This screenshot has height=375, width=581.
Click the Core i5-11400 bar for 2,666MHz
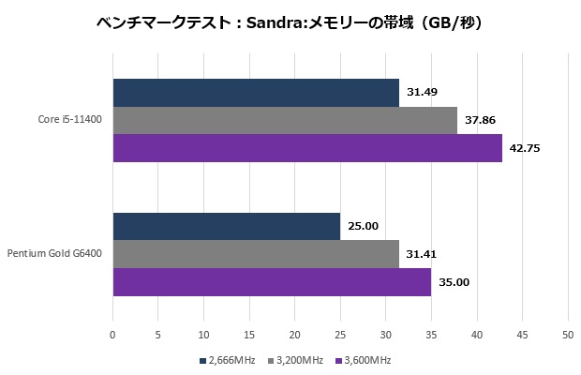[x=256, y=93]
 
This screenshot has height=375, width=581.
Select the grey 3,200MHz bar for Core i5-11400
[x=285, y=120]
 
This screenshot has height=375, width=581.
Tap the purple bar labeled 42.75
[x=307, y=148]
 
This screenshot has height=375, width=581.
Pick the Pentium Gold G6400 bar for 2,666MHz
[x=227, y=226]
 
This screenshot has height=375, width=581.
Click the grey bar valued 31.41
[x=256, y=254]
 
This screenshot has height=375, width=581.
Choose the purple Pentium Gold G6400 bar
[x=272, y=281]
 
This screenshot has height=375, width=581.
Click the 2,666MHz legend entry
[x=230, y=360]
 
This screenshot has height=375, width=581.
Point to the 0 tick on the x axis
[x=113, y=334]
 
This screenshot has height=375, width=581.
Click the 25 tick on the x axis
[x=340, y=334]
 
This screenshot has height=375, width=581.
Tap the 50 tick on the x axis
[x=567, y=334]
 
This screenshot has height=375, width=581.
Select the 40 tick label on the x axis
[x=476, y=334]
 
